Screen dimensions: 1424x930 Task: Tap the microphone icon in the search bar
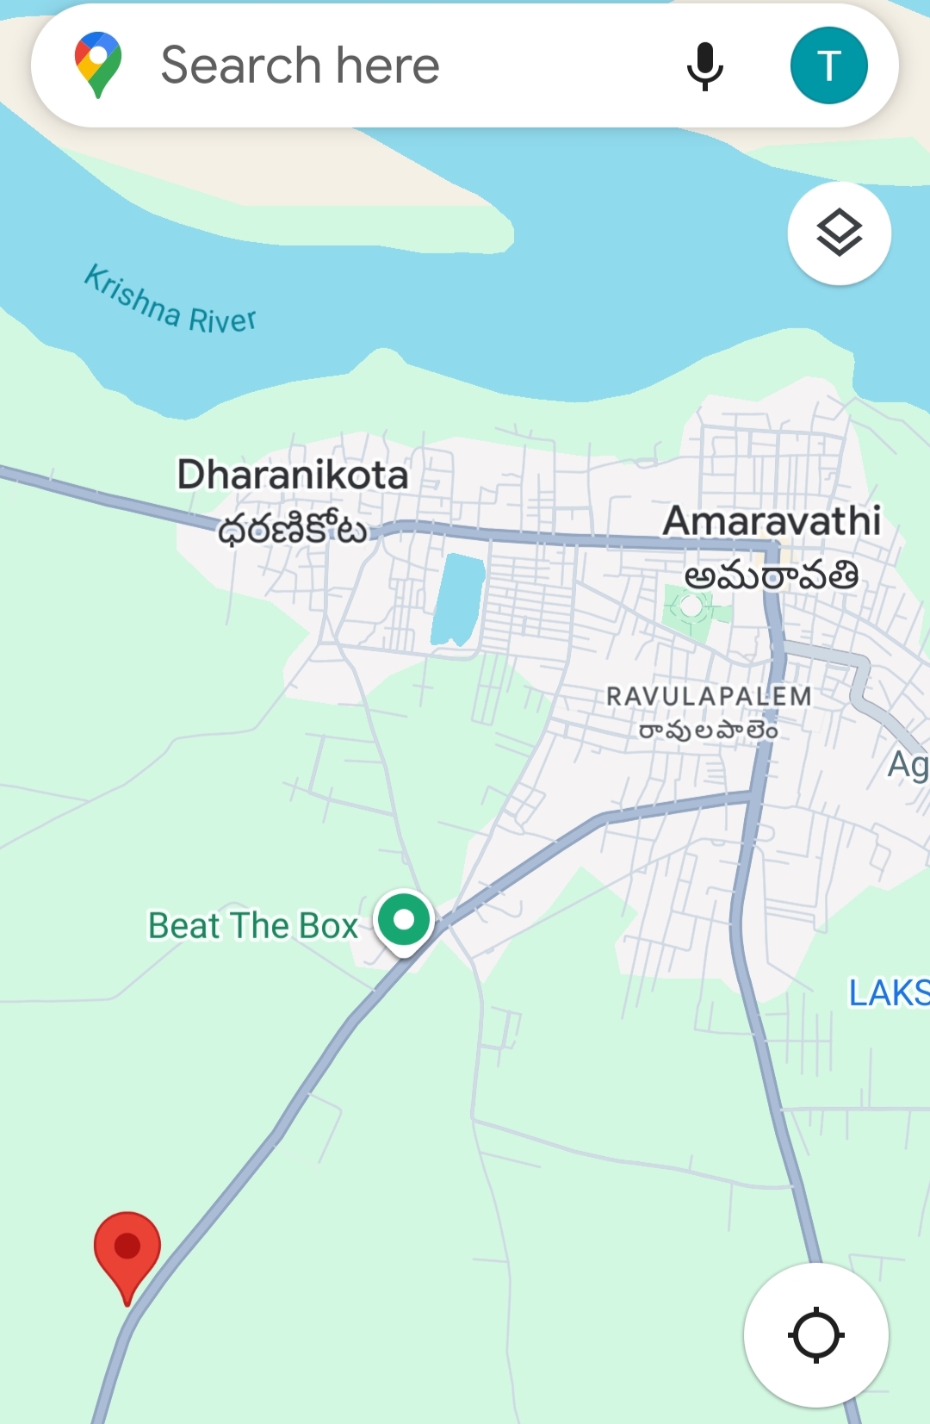[704, 65]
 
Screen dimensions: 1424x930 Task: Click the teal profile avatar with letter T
[828, 65]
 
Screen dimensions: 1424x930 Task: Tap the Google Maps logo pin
[98, 65]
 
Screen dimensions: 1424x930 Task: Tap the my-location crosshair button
[815, 1335]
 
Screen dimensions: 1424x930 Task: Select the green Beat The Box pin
[404, 921]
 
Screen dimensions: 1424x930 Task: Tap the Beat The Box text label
[252, 926]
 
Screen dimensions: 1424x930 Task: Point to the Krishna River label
[170, 301]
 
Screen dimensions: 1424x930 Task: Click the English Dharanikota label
[293, 475]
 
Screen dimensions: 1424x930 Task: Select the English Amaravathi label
[772, 521]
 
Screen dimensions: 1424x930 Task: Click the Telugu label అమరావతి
[772, 575]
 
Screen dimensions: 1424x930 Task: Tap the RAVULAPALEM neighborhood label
[709, 696]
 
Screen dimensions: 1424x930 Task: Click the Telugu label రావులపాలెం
[708, 731]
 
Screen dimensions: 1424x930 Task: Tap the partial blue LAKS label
[889, 993]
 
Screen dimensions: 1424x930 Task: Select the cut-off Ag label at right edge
[908, 765]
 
